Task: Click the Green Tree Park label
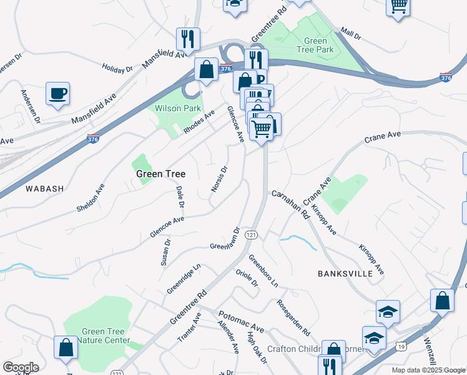point(315,45)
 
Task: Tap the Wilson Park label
point(178,108)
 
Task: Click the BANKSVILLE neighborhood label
point(345,274)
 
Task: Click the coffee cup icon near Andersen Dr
point(57,94)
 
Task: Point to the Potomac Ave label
point(241,321)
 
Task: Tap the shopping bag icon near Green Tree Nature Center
point(66,347)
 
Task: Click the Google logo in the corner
point(21,367)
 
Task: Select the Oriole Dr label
point(247,279)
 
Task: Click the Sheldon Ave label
point(90,197)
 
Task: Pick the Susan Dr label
point(165,252)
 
